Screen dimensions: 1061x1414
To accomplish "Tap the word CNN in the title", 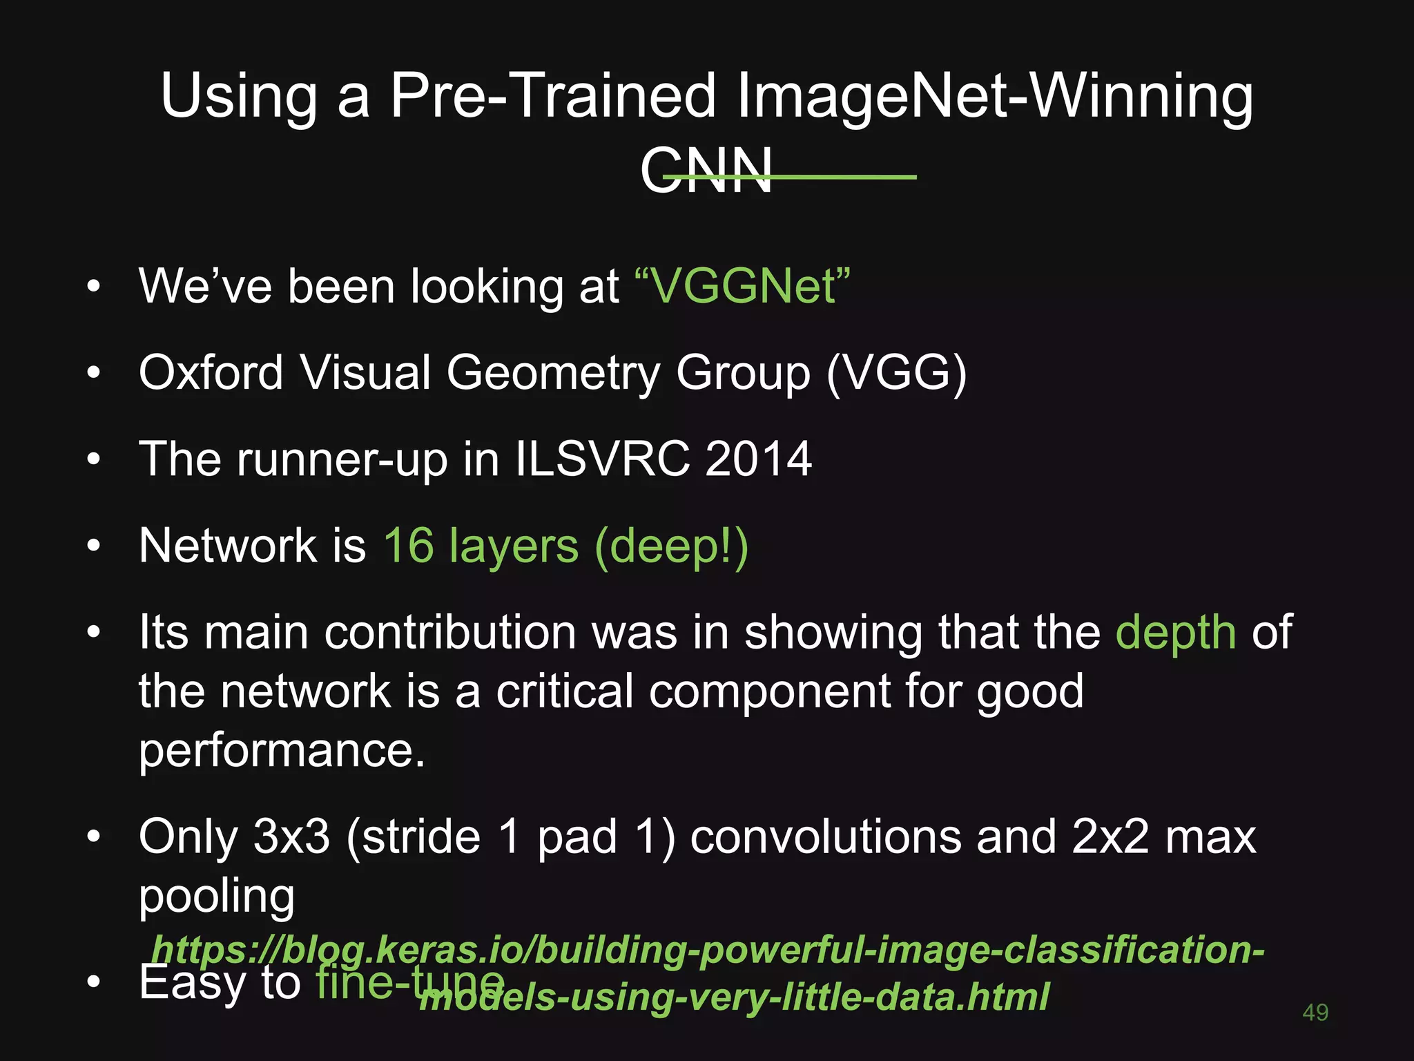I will (x=706, y=171).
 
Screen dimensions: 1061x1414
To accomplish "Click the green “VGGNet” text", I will (x=742, y=286).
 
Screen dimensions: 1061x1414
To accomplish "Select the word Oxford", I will (x=211, y=373).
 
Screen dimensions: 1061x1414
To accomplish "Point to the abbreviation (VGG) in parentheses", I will (x=896, y=374).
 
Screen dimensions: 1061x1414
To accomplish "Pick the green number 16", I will (x=409, y=546).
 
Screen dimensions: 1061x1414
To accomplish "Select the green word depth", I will (x=1175, y=633).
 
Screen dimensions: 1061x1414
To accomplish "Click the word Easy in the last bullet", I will (x=192, y=983).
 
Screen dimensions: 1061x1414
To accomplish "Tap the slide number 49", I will (x=1315, y=1013).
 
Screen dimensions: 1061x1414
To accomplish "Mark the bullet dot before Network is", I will (x=94, y=546).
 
